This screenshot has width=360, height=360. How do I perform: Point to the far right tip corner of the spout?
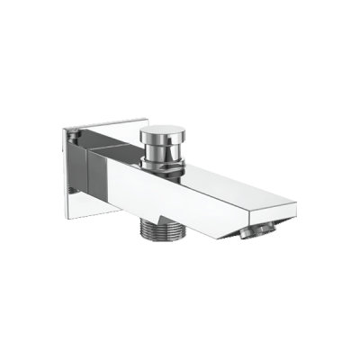pos(296,217)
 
